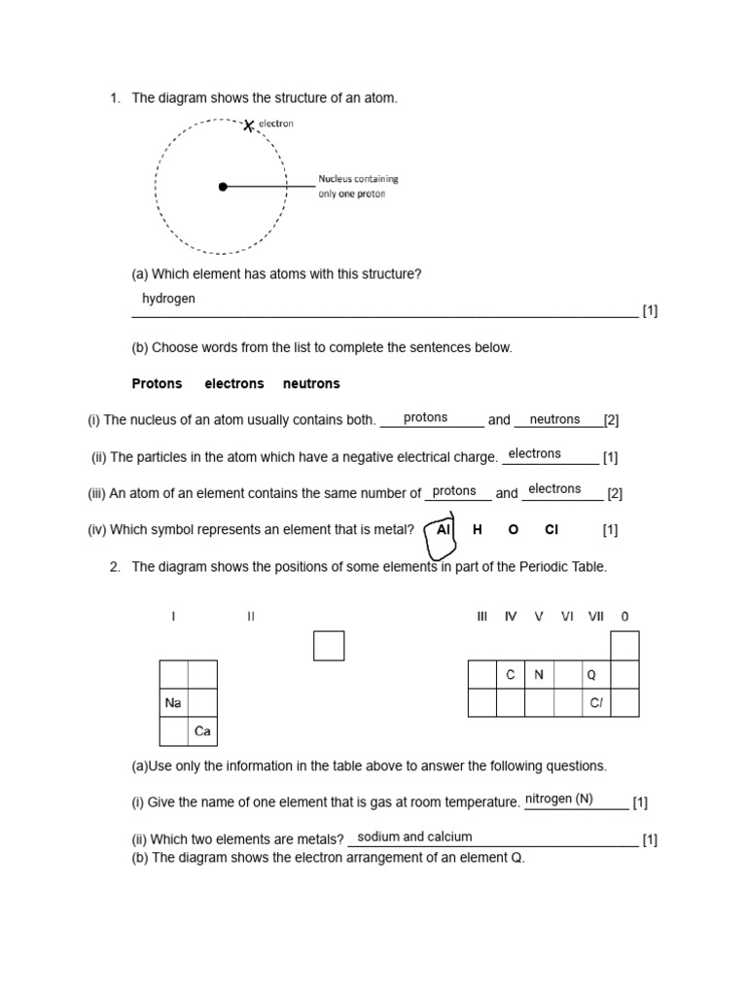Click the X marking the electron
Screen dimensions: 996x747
pos(249,125)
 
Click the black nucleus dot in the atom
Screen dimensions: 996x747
pos(223,186)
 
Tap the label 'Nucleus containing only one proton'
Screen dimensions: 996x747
pos(358,186)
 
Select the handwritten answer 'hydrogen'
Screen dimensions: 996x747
pos(168,299)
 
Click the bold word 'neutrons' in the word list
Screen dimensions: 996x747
pos(311,384)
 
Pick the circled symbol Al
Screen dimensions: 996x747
pos(444,530)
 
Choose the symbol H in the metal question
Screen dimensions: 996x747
pos(478,530)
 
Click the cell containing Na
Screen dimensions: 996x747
pos(174,703)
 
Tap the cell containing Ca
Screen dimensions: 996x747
pos(202,731)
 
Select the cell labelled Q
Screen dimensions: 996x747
pos(596,675)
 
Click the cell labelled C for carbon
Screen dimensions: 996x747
pos(511,675)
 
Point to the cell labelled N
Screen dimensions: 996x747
pos(539,675)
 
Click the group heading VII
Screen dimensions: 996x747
pos(596,617)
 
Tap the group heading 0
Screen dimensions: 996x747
pos(624,617)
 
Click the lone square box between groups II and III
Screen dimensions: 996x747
pos(329,646)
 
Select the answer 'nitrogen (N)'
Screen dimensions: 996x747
pos(558,800)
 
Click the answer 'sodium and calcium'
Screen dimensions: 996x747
pos(414,836)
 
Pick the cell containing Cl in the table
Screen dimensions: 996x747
pos(596,703)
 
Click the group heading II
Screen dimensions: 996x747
pos(251,617)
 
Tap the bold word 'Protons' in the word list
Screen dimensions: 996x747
pos(157,384)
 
